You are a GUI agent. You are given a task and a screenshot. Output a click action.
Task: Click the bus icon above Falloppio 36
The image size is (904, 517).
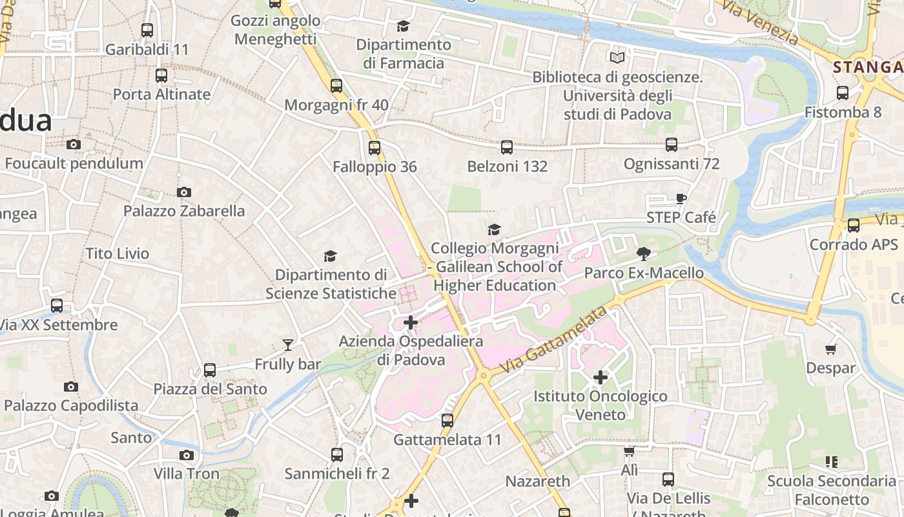(x=375, y=148)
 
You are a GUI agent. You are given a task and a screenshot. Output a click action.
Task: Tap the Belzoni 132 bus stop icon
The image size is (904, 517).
(x=507, y=147)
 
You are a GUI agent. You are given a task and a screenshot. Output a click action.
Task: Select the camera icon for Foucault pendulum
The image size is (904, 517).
(x=74, y=144)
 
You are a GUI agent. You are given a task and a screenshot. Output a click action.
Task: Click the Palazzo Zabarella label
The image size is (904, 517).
(x=184, y=211)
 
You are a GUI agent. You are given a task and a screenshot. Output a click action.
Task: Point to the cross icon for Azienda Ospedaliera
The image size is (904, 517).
(x=411, y=322)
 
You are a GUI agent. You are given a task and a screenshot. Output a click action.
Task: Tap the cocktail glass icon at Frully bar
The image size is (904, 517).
(x=288, y=345)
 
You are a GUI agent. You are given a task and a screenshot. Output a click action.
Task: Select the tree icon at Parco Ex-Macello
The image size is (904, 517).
(x=643, y=253)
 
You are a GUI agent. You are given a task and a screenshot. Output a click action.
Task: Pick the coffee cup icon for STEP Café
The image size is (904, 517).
(x=681, y=198)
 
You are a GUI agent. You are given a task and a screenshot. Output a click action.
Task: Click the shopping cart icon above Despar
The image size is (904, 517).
(x=831, y=350)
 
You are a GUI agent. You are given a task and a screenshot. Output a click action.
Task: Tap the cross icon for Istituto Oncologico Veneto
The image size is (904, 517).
(x=601, y=377)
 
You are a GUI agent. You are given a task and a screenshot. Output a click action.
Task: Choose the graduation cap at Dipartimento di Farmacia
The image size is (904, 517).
(x=403, y=26)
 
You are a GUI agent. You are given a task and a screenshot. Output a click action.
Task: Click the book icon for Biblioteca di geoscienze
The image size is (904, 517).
(x=617, y=58)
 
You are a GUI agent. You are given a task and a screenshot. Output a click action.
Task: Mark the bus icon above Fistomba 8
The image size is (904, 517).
(x=843, y=92)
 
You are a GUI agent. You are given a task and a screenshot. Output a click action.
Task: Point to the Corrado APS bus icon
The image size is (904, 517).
(x=854, y=226)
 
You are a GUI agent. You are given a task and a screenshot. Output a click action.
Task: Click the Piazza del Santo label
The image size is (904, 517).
(x=210, y=389)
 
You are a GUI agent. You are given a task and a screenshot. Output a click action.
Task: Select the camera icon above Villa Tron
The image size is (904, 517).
(x=187, y=455)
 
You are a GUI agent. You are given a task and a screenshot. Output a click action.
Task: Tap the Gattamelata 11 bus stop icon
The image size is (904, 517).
(x=447, y=421)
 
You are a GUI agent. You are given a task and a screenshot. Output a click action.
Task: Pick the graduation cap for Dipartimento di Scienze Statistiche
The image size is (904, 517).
(x=330, y=257)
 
